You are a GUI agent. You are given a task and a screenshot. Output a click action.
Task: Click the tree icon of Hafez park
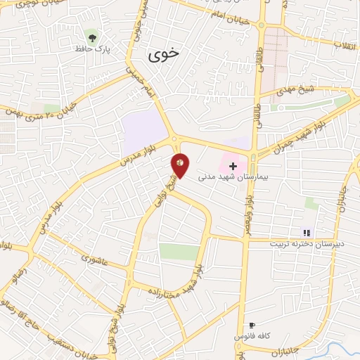92,35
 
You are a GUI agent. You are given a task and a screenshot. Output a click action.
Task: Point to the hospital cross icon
233,165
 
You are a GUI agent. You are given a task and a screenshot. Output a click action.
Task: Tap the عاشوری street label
96,257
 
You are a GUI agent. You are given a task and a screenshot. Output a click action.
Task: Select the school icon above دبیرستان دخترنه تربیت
306,233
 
